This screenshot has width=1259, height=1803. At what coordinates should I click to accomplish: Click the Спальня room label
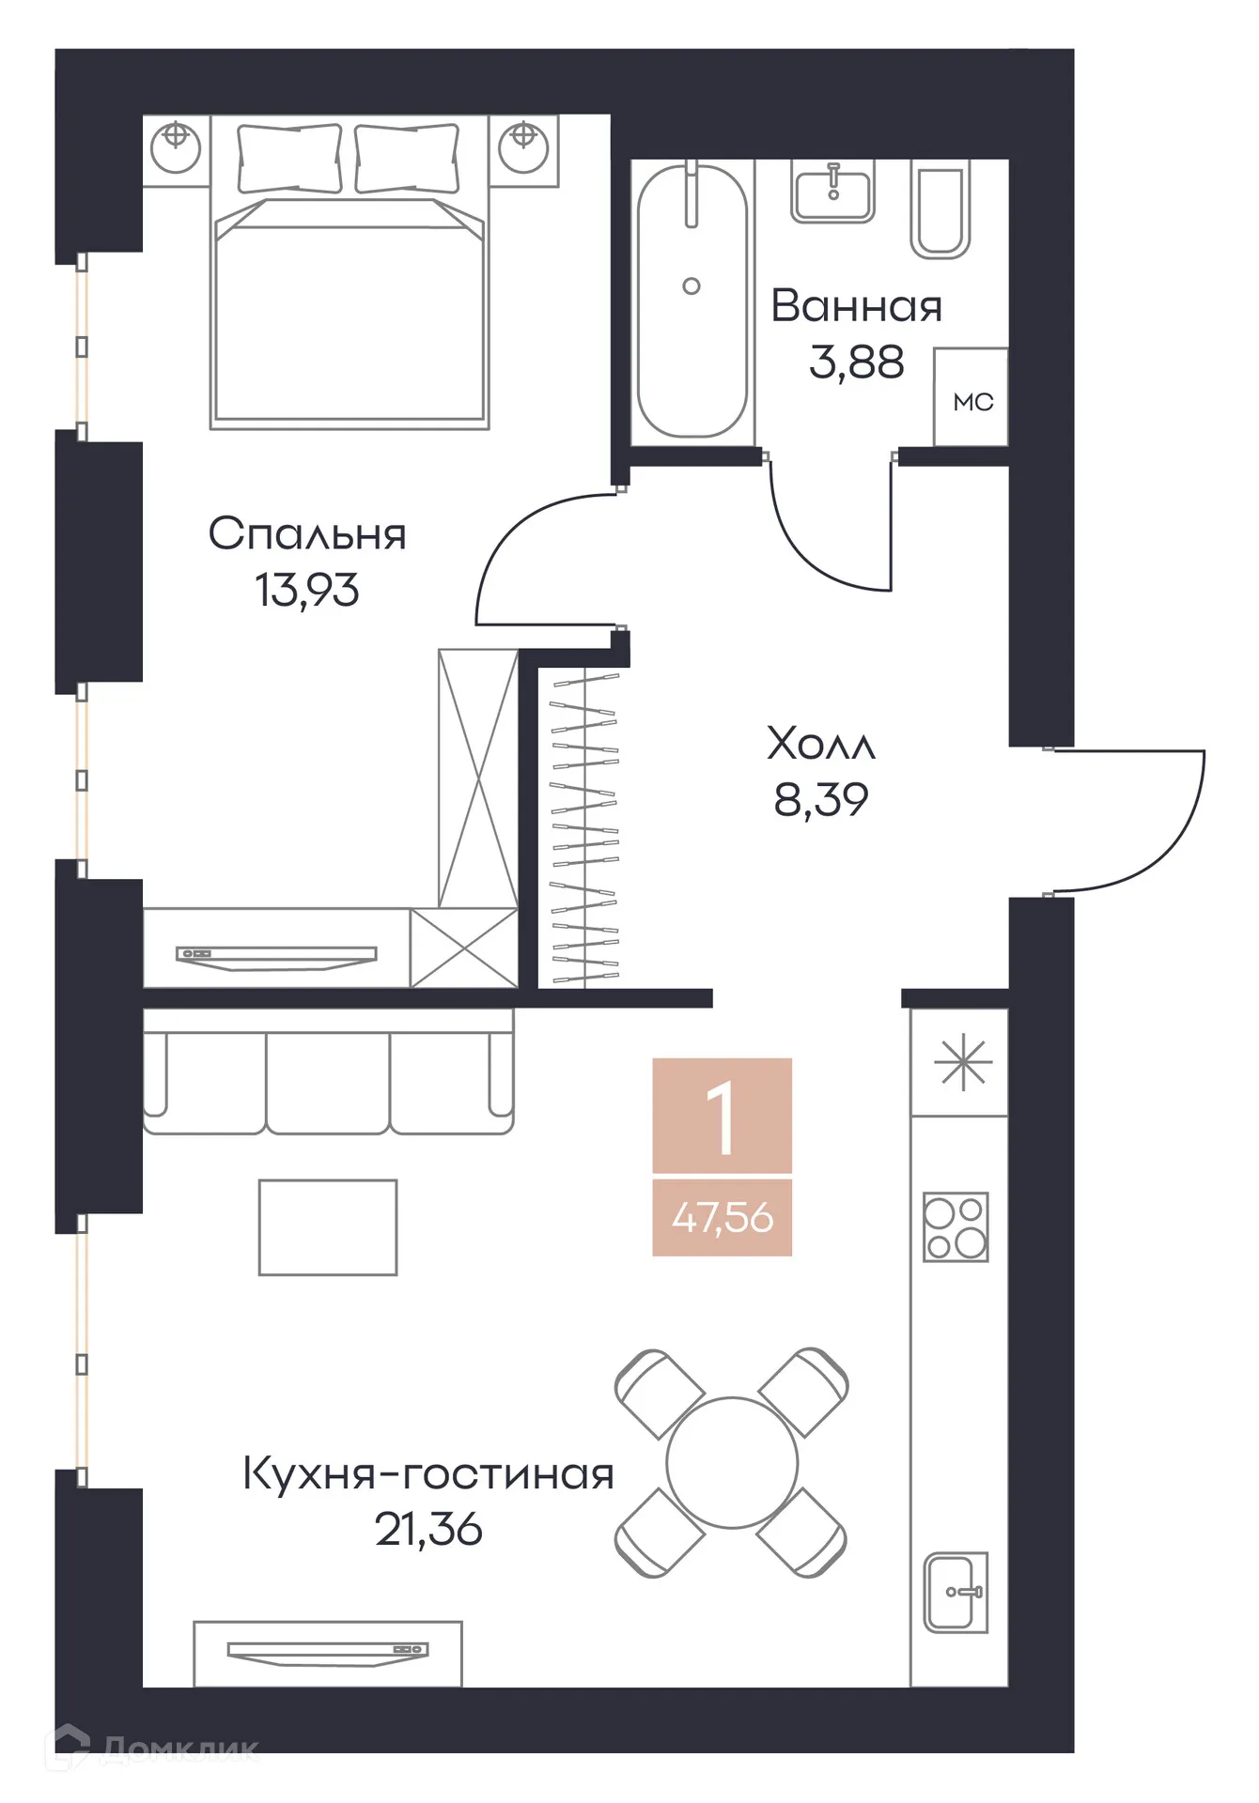click(x=307, y=534)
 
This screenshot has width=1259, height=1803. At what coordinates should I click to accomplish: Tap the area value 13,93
click(x=307, y=591)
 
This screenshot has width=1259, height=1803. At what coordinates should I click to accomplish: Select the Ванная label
click(x=856, y=307)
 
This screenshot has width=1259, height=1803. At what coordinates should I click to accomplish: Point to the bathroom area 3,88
click(x=856, y=362)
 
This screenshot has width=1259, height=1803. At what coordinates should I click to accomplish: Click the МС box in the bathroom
click(x=971, y=401)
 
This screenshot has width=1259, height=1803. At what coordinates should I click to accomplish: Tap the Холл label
click(x=821, y=744)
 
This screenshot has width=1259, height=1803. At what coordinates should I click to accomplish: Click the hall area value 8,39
click(x=821, y=800)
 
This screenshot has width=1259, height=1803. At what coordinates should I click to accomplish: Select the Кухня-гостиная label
click(x=428, y=1473)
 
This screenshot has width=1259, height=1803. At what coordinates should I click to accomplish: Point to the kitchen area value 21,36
click(x=428, y=1530)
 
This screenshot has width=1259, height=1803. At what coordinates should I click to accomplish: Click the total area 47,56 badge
click(x=723, y=1218)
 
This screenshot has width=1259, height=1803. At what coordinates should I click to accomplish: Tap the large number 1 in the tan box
click(x=722, y=1117)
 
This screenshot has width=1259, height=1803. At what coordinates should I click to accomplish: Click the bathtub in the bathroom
click(x=692, y=300)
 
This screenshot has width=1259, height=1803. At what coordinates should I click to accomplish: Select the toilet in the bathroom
click(x=940, y=211)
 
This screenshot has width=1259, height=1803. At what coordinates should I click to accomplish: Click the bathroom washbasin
click(x=832, y=193)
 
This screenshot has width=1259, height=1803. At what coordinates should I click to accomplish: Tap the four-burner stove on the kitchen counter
click(x=956, y=1226)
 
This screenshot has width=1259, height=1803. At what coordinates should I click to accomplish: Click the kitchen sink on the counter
click(x=955, y=1592)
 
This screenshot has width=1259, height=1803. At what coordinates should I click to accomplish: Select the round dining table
click(x=732, y=1462)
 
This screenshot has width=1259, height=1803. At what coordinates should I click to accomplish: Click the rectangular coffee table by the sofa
click(x=328, y=1227)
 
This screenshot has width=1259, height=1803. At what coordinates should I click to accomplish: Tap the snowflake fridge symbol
click(x=962, y=1063)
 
